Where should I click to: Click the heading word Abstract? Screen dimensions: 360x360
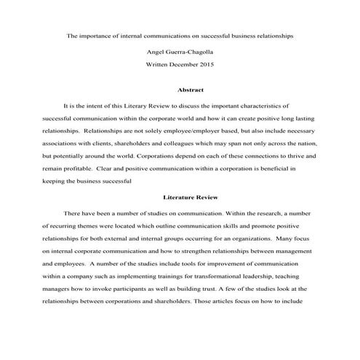tap(180, 90)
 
